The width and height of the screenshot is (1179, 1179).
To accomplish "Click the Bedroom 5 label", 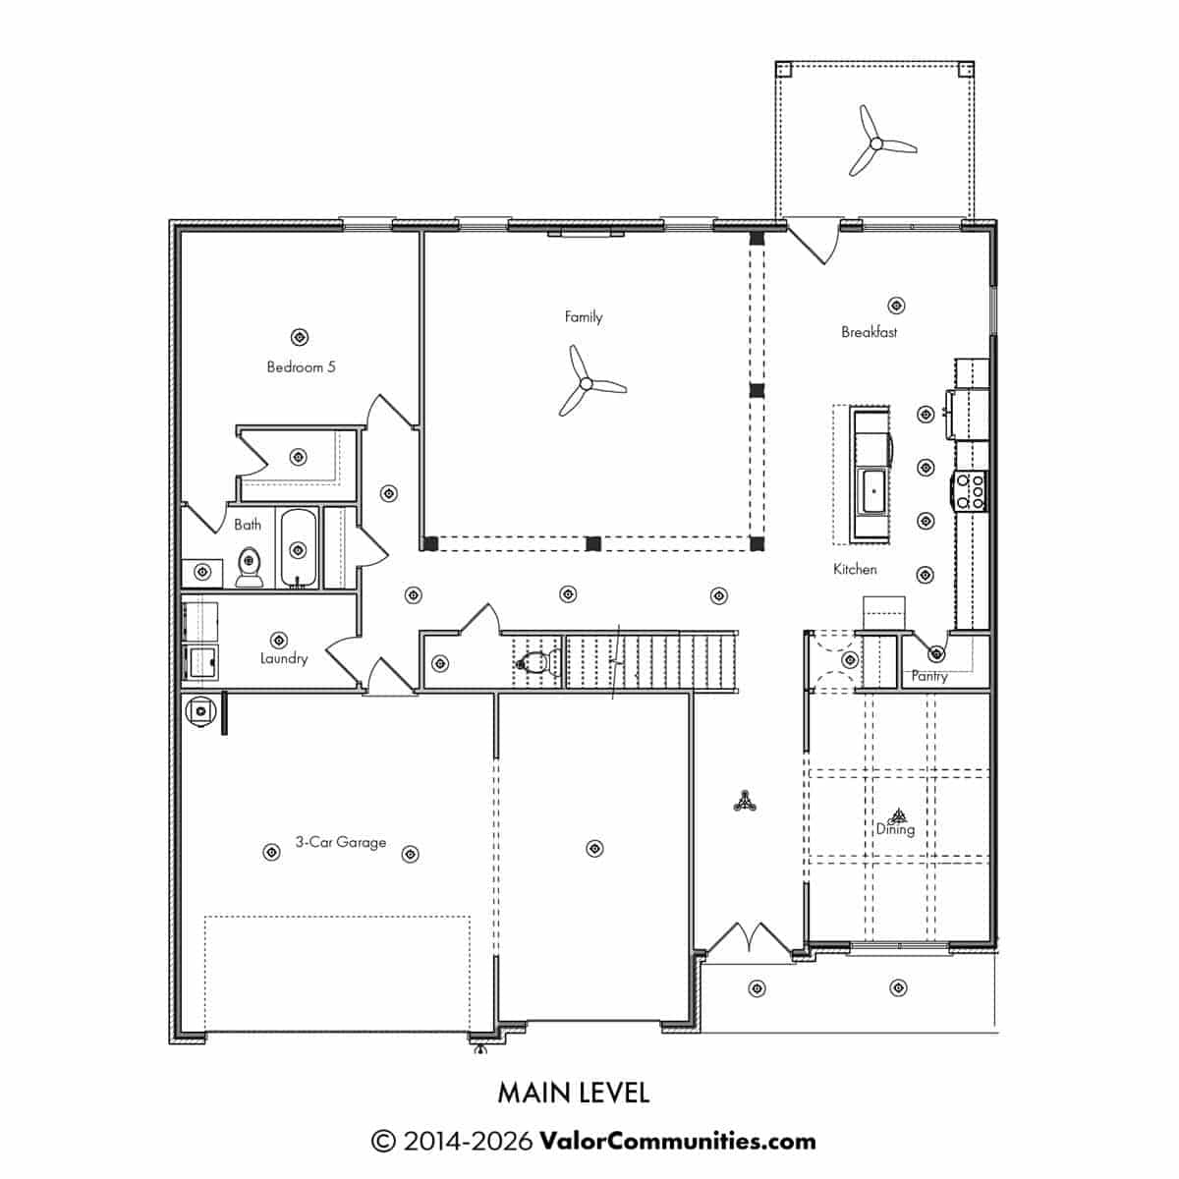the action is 301,367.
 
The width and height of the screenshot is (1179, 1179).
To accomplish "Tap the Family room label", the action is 583,317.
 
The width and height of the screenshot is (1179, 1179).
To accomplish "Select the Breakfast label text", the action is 869,332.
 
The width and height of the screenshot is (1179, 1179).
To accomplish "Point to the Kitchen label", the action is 855,569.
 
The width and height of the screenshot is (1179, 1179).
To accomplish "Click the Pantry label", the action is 928,676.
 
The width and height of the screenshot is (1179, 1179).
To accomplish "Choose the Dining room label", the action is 895,829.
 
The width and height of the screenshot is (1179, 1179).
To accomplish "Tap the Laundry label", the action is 284,658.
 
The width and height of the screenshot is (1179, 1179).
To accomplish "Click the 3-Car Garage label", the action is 341,842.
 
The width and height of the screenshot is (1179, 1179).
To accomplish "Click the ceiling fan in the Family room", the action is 587,383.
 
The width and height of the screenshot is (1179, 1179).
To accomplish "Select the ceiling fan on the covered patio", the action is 876,143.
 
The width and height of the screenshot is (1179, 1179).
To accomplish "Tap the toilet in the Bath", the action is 249,568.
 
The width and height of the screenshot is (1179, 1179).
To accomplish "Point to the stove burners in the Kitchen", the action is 970,491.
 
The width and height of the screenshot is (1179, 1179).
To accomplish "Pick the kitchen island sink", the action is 873,491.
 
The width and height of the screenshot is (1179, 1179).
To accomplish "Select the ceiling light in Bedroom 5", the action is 300,337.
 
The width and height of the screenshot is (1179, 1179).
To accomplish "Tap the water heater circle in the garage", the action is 200,711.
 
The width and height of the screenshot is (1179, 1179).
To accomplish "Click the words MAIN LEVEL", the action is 573,1093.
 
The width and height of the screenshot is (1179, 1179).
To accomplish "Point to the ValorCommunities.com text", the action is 677,1142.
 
